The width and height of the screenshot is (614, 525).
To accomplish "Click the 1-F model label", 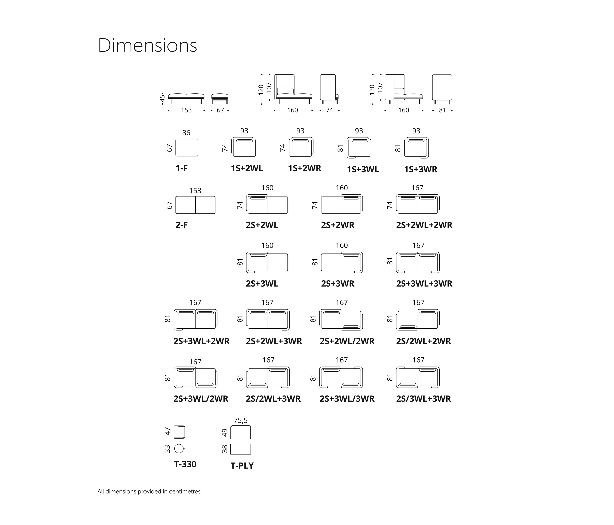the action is point(182,168).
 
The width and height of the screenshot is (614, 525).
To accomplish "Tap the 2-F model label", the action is point(182,225).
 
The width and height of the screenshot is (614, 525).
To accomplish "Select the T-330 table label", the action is point(185,464).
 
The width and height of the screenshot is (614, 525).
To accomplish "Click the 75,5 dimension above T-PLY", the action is point(241,420).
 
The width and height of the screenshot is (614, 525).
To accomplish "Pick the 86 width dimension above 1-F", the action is point(186,132).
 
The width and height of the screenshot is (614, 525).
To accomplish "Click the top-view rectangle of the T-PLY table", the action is point(241,449).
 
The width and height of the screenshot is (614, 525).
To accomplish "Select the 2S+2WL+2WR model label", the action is point(424,225).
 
